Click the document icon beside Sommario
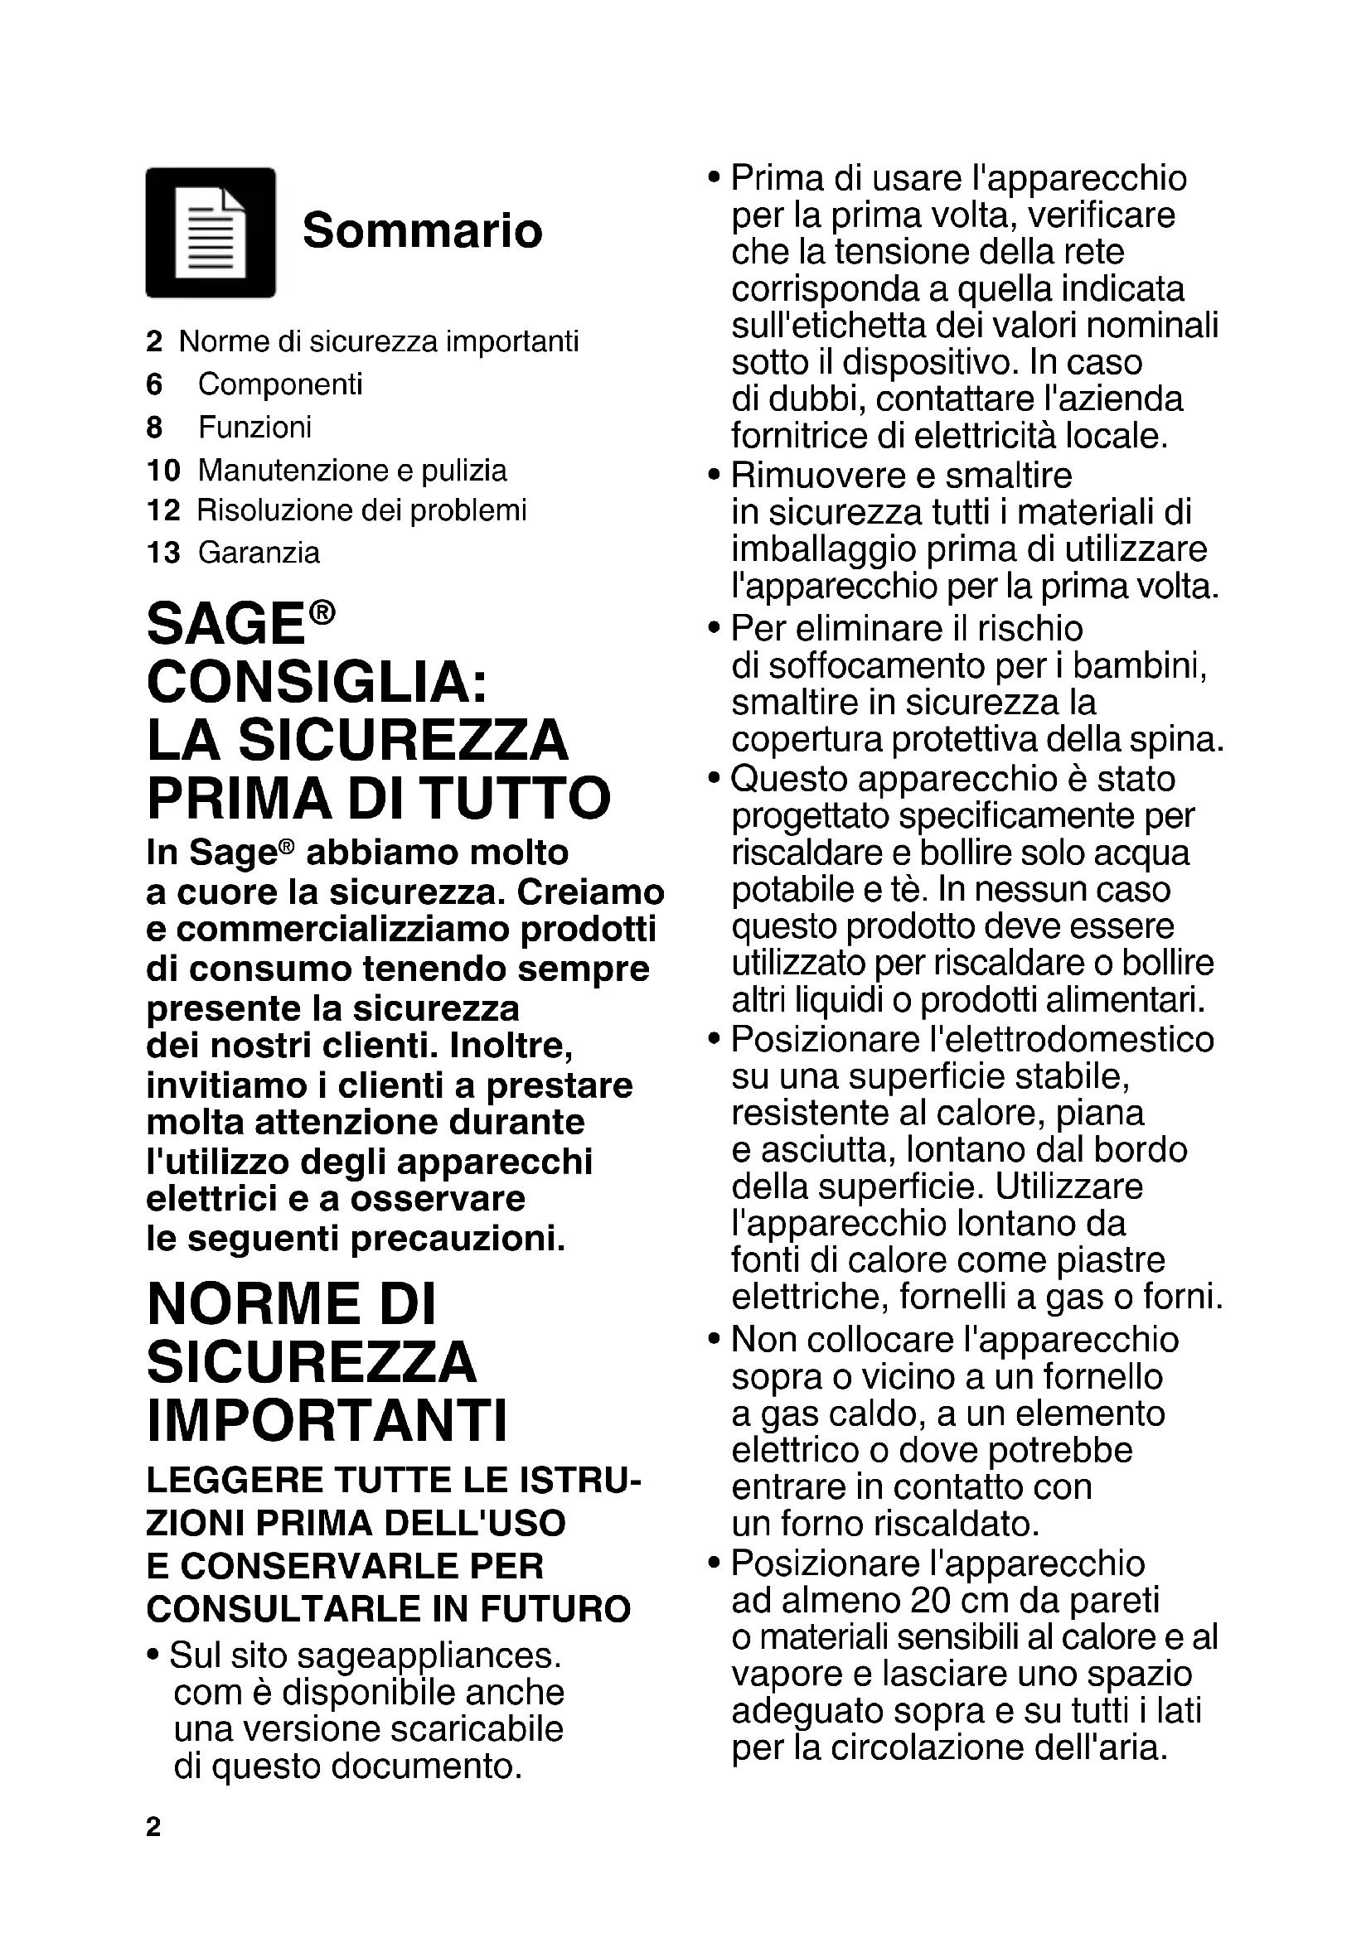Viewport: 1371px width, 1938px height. pyautogui.click(x=211, y=232)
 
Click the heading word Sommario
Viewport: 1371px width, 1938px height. pyautogui.click(x=422, y=230)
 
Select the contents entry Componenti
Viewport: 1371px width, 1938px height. pyautogui.click(x=280, y=384)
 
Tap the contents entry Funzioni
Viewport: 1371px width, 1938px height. pyautogui.click(x=255, y=427)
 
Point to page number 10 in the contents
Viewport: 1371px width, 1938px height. pyautogui.click(x=163, y=470)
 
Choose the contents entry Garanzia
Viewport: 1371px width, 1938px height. pyautogui.click(x=259, y=553)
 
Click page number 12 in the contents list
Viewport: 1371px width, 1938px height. pyautogui.click(x=163, y=510)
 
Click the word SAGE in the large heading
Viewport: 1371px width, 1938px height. pyautogui.click(x=225, y=625)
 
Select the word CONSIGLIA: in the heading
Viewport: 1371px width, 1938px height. pyautogui.click(x=317, y=682)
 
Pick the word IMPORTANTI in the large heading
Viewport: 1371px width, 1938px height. pyautogui.click(x=327, y=1421)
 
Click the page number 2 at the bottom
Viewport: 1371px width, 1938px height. pyautogui.click(x=153, y=1828)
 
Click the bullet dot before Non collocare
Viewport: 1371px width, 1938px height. pyautogui.click(x=715, y=1340)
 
